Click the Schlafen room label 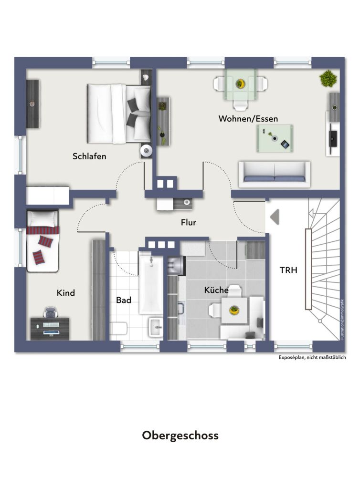click(x=89, y=156)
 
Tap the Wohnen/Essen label click(x=248, y=118)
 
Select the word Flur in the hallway click(x=189, y=222)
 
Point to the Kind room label click(x=66, y=292)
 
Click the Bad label click(x=124, y=300)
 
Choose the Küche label click(x=216, y=290)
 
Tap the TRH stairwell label click(x=288, y=270)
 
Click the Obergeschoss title click(x=180, y=436)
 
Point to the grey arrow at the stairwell click(x=275, y=217)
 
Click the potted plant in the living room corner click(x=328, y=78)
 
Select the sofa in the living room click(x=274, y=174)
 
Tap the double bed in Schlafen click(x=118, y=114)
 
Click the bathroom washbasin click(x=156, y=327)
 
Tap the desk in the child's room click(x=50, y=328)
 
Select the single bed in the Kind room click(x=42, y=241)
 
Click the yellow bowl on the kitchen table click(x=234, y=311)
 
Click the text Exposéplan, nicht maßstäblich click(x=312, y=357)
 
